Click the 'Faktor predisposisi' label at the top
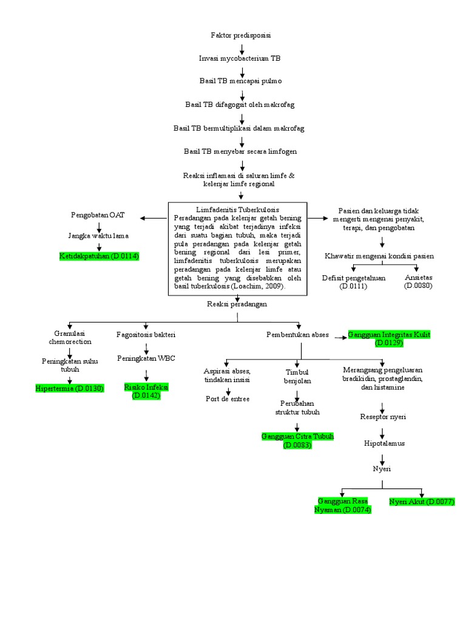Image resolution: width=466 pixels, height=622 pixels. [x=241, y=36]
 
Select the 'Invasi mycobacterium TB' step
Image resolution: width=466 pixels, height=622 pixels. [x=240, y=58]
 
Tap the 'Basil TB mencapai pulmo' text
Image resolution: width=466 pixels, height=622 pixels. [x=240, y=80]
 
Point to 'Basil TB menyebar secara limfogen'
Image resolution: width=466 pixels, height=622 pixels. [x=240, y=151]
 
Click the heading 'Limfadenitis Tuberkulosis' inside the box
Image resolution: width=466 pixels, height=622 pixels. [x=238, y=209]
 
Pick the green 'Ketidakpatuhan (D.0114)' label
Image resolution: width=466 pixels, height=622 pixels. [x=99, y=256]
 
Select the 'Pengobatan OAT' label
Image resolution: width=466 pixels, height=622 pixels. [x=98, y=215]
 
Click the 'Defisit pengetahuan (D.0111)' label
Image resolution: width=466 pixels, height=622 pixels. [x=354, y=282]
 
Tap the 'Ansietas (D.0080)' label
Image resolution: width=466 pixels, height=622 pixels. [x=418, y=282]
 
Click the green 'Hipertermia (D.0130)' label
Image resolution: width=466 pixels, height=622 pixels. [x=70, y=388]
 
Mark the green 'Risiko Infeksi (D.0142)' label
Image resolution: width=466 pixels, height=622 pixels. [x=146, y=391]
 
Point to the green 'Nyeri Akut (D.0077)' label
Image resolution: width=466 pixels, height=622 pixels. [x=422, y=502]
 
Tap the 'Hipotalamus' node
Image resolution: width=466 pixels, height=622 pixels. [x=384, y=443]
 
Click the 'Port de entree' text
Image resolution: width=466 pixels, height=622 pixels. [x=228, y=399]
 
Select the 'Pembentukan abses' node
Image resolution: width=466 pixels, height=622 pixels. [x=297, y=335]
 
